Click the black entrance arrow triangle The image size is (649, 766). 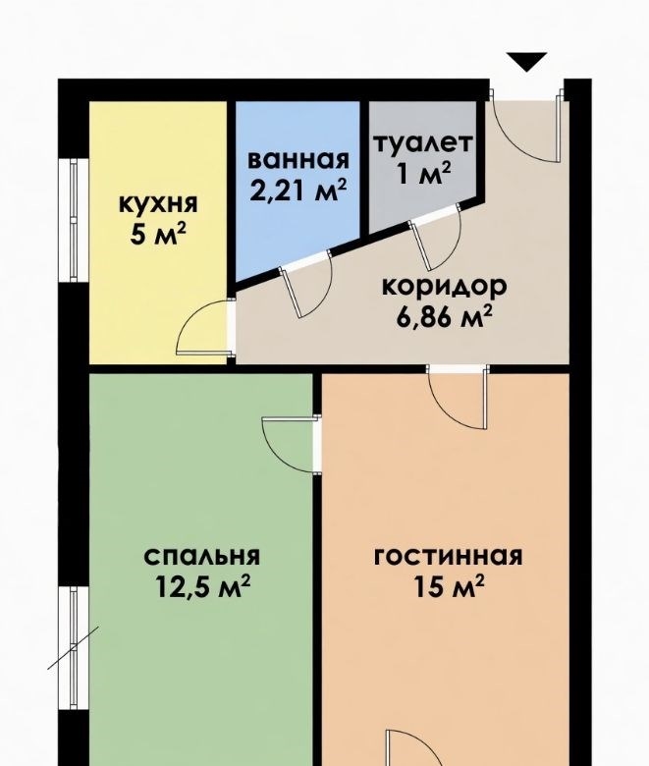[526, 61]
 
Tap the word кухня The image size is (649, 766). [159, 203]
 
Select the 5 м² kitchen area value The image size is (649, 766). [159, 234]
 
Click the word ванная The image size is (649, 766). [298, 160]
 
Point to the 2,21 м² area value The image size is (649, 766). [298, 191]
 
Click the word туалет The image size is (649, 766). [423, 143]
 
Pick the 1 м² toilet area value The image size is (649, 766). [423, 173]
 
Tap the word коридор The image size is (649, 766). [444, 288]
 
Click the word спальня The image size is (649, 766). [202, 557]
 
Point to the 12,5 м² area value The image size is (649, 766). [202, 586]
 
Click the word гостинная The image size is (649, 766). [449, 557]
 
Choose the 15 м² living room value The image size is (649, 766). [449, 586]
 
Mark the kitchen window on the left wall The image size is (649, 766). [74, 220]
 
